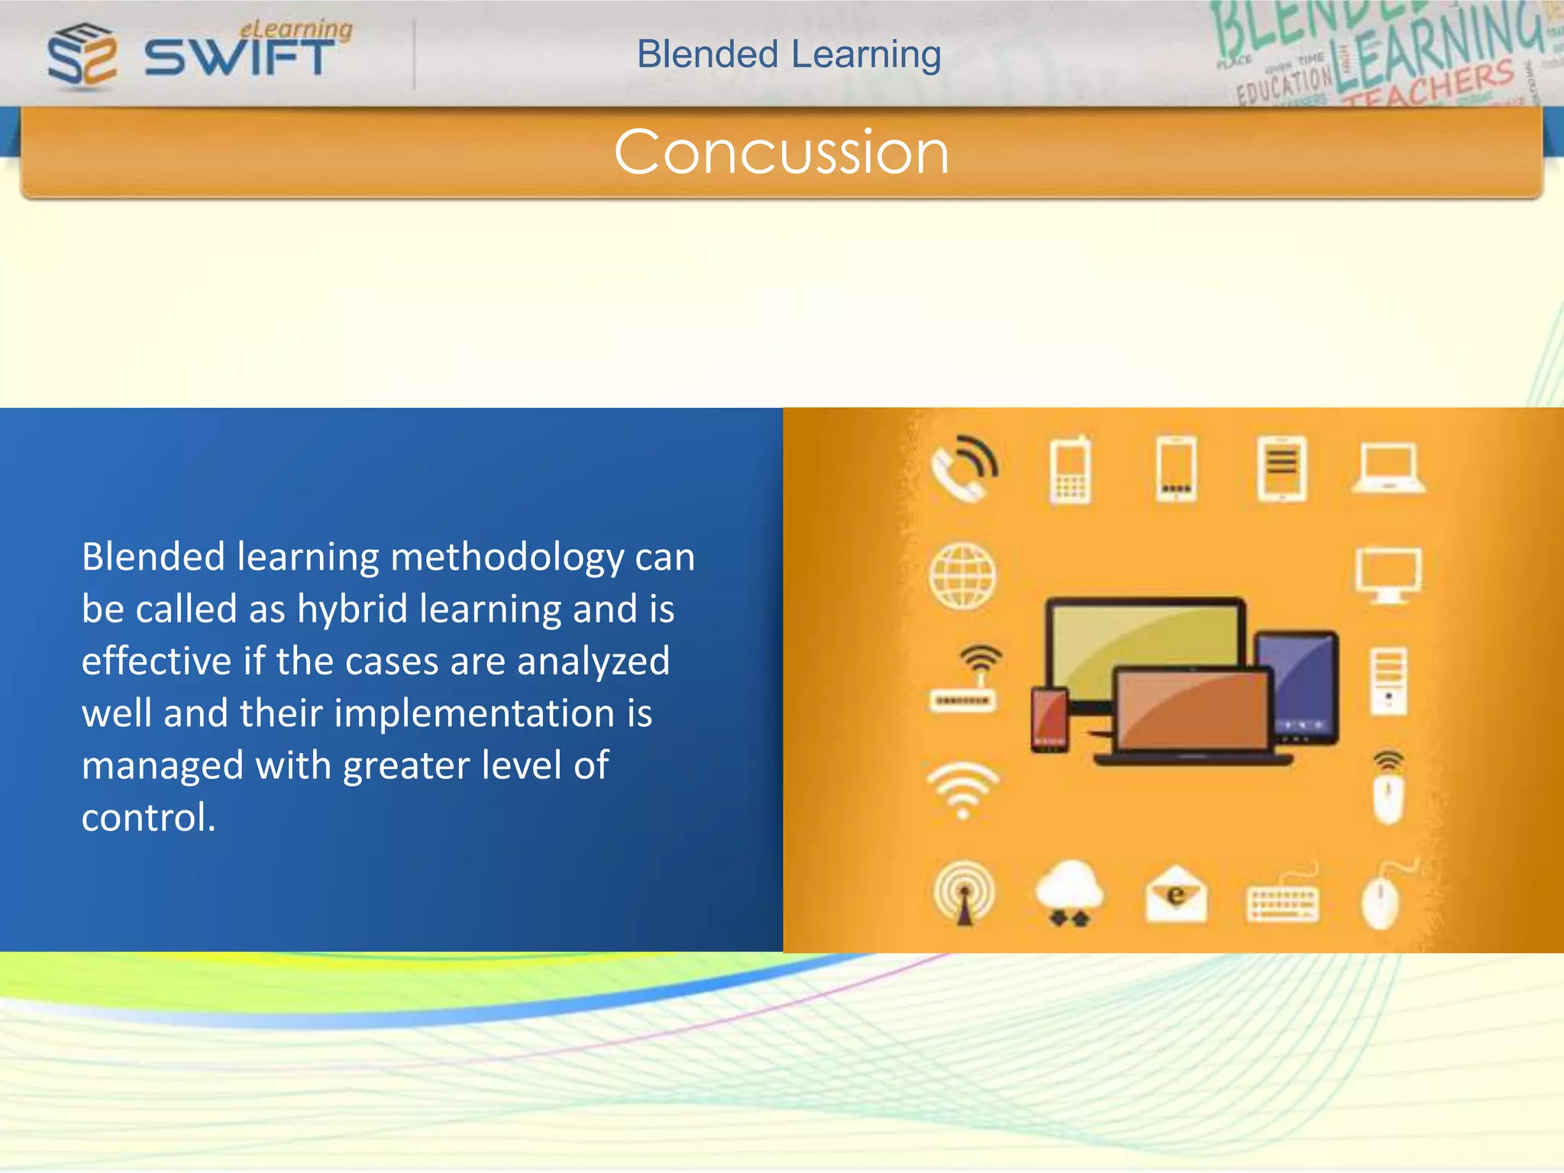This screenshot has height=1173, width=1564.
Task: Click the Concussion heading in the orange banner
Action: pyautogui.click(x=781, y=152)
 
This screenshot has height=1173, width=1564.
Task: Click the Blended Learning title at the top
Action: pyautogui.click(x=789, y=55)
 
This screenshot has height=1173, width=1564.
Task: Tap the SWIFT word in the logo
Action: pyautogui.click(x=239, y=58)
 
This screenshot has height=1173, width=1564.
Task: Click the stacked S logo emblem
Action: pyautogui.click(x=82, y=55)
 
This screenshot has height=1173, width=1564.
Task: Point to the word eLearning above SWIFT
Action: pyautogui.click(x=296, y=28)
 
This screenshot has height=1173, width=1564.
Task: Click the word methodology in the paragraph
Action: pyautogui.click(x=507, y=557)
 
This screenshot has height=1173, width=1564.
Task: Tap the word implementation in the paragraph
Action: pyautogui.click(x=474, y=713)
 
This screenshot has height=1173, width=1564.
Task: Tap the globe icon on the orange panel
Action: pyautogui.click(x=963, y=576)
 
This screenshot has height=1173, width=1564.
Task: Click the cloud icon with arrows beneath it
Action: pyautogui.click(x=1068, y=892)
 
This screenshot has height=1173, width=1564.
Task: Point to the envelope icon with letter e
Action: pyautogui.click(x=1176, y=893)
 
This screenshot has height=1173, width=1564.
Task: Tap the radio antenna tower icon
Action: pyautogui.click(x=964, y=892)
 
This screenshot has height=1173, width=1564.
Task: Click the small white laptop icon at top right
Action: pyautogui.click(x=1388, y=467)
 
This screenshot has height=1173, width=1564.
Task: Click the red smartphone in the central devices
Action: pyautogui.click(x=1049, y=719)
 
